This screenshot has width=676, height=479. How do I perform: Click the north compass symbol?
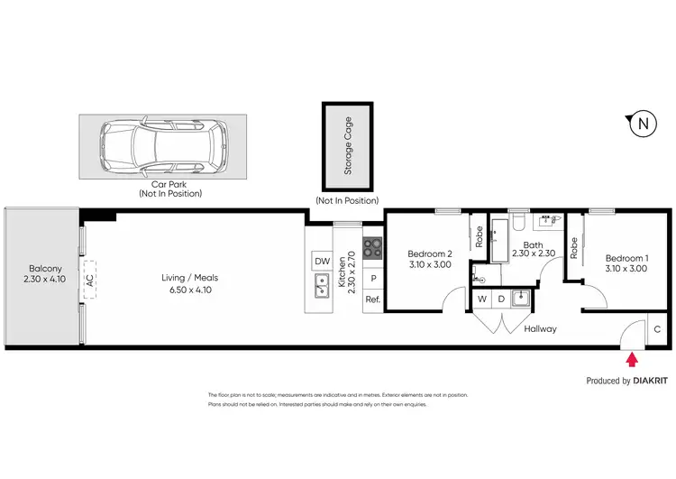click(x=641, y=124)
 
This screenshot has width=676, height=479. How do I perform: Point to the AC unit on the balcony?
click(x=89, y=281)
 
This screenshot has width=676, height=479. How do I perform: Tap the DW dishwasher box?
click(x=321, y=262)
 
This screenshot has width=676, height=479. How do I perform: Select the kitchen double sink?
click(x=321, y=287)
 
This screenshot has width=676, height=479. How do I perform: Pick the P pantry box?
click(x=373, y=279)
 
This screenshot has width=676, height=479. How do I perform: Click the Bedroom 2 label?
click(x=429, y=253)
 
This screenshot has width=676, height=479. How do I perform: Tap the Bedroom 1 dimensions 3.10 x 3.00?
click(x=625, y=268)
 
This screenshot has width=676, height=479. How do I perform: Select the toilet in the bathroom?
click(x=518, y=224)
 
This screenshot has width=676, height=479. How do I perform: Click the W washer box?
click(x=482, y=299)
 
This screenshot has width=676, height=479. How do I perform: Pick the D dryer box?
click(x=500, y=299)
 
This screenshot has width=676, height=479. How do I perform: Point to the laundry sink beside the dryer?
click(x=520, y=298)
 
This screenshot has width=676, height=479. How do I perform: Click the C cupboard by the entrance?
click(x=657, y=330)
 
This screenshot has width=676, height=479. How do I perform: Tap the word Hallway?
click(x=541, y=328)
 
